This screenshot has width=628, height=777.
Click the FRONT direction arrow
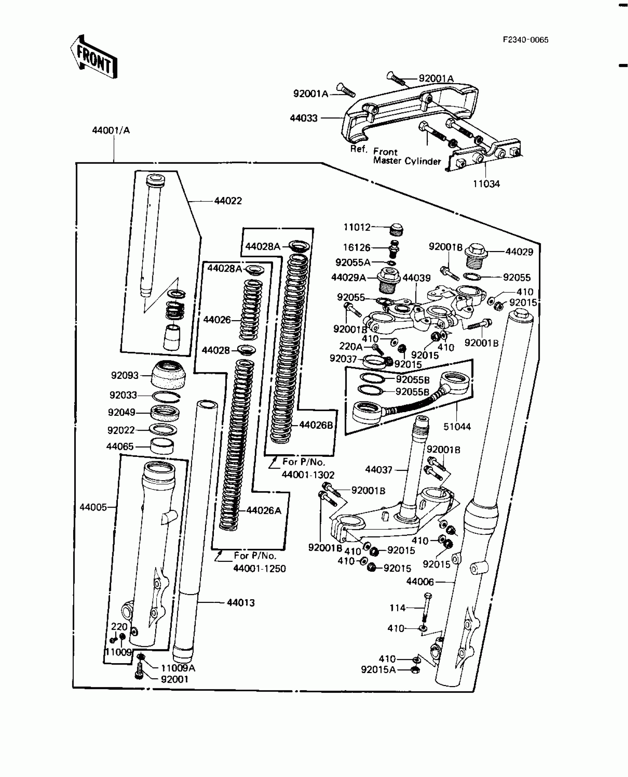pyautogui.click(x=94, y=57)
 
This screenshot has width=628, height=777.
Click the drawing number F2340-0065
pyautogui.click(x=525, y=40)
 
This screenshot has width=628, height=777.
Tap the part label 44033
pyautogui.click(x=304, y=118)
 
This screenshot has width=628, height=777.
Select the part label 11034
pyautogui.click(x=486, y=184)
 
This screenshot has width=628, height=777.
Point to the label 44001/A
pyautogui.click(x=111, y=130)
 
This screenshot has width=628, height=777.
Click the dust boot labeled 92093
pyautogui.click(x=168, y=375)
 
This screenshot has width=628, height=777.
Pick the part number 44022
pyautogui.click(x=228, y=201)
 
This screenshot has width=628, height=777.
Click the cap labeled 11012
pyautogui.click(x=396, y=230)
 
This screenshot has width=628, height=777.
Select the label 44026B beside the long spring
pyautogui.click(x=316, y=425)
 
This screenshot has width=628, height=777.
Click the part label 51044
pyautogui.click(x=457, y=427)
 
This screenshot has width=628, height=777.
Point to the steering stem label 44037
pyautogui.click(x=379, y=469)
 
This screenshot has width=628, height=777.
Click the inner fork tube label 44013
pyautogui.click(x=240, y=603)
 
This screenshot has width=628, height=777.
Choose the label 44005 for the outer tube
pyautogui.click(x=93, y=507)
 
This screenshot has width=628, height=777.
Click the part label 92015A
pyautogui.click(x=378, y=670)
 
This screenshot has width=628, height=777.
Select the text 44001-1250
pyautogui.click(x=259, y=568)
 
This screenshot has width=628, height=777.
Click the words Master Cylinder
pyautogui.click(x=407, y=161)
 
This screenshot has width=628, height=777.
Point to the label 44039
pyautogui.click(x=416, y=278)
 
